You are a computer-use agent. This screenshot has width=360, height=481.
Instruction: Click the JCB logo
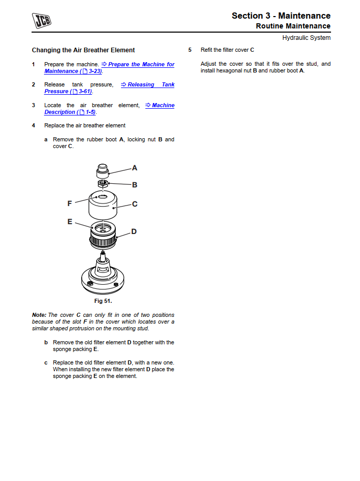click(42, 21)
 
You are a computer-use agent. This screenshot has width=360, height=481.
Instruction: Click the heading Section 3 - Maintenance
click(281, 16)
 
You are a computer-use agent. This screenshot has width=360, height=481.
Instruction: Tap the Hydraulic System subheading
click(306, 38)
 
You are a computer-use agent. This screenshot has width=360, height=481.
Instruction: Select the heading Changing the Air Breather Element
click(83, 50)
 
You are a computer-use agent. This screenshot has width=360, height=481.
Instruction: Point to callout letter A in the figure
click(134, 168)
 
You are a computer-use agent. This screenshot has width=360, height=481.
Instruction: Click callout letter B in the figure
click(134, 184)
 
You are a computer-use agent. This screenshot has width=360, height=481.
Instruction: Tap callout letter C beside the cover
click(134, 204)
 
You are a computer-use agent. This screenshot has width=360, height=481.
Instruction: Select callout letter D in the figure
click(134, 231)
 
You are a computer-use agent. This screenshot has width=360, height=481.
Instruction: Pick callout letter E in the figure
click(70, 222)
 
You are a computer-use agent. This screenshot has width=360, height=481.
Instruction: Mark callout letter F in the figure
click(70, 203)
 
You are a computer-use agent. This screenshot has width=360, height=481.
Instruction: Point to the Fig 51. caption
click(103, 301)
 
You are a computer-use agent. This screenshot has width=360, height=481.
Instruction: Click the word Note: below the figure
click(39, 315)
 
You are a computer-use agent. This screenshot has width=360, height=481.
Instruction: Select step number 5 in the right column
click(190, 50)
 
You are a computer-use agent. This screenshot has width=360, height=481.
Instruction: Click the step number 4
click(34, 126)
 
